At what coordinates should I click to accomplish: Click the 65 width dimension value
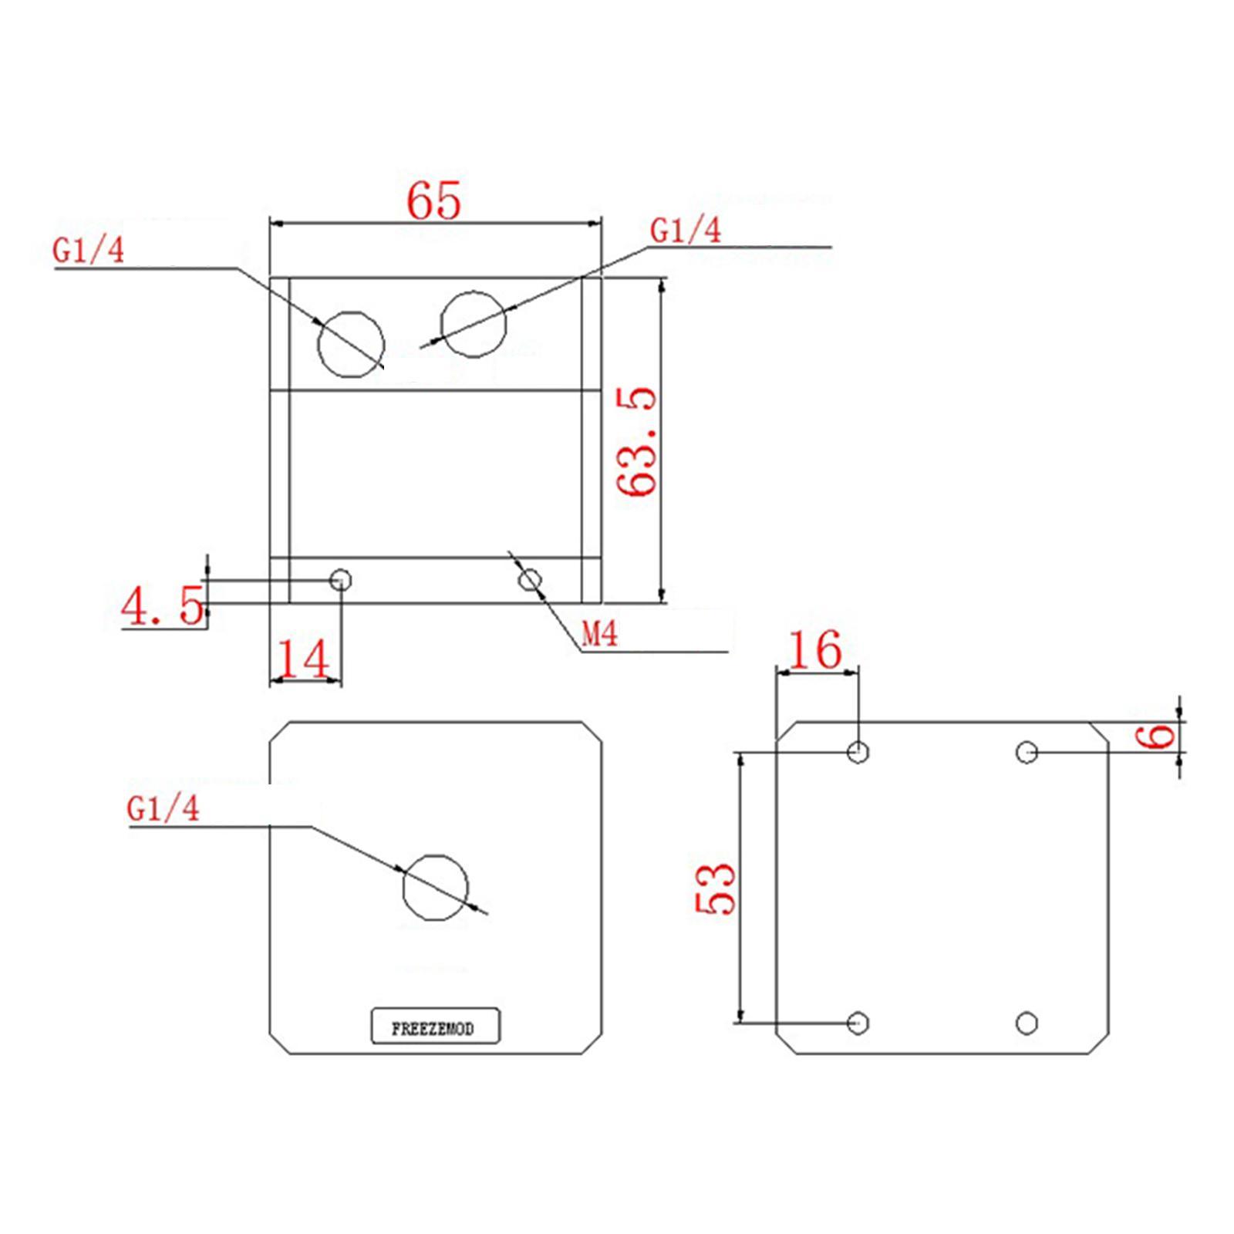pyautogui.click(x=433, y=201)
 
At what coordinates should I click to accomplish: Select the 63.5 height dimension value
pyautogui.click(x=637, y=441)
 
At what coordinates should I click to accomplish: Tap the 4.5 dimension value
pyautogui.click(x=163, y=606)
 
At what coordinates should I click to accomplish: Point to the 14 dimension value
pyautogui.click(x=303, y=659)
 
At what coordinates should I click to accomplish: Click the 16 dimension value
pyautogui.click(x=815, y=649)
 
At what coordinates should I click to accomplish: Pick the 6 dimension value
pyautogui.click(x=1157, y=737)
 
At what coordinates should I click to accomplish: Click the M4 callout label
pyautogui.click(x=600, y=635)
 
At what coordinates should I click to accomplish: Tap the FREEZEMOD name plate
pyautogui.click(x=435, y=1028)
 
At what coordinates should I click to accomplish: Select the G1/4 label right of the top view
pyautogui.click(x=686, y=231)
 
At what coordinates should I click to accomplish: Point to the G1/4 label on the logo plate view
pyautogui.click(x=163, y=808)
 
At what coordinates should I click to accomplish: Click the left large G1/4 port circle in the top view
pyautogui.click(x=351, y=345)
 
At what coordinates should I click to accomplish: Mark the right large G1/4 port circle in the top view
pyautogui.click(x=474, y=324)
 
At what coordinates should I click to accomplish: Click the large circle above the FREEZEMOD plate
pyautogui.click(x=436, y=888)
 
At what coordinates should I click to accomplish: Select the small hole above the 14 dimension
pyautogui.click(x=341, y=579)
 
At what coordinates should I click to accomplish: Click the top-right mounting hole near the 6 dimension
pyautogui.click(x=1027, y=752)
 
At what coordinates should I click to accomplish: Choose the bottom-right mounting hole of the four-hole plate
pyautogui.click(x=1027, y=1023)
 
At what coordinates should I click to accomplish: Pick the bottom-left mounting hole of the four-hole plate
pyautogui.click(x=858, y=1023)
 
